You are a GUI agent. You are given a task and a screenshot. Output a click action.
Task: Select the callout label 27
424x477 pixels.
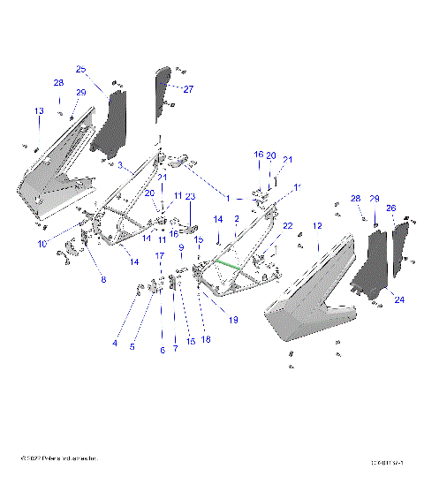click(x=188, y=89)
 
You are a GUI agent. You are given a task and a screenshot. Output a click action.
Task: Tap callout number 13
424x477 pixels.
click(x=38, y=110)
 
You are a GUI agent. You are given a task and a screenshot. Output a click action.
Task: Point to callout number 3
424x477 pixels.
click(x=120, y=165)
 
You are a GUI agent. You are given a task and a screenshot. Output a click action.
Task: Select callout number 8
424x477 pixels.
click(x=102, y=280)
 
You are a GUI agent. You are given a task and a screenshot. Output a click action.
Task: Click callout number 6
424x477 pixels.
click(x=162, y=350)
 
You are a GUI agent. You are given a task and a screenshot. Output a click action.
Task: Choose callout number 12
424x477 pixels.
click(x=315, y=226)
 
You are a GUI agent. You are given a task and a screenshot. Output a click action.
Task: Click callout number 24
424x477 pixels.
click(x=399, y=300)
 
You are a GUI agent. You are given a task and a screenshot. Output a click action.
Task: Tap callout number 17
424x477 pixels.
click(x=160, y=255)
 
